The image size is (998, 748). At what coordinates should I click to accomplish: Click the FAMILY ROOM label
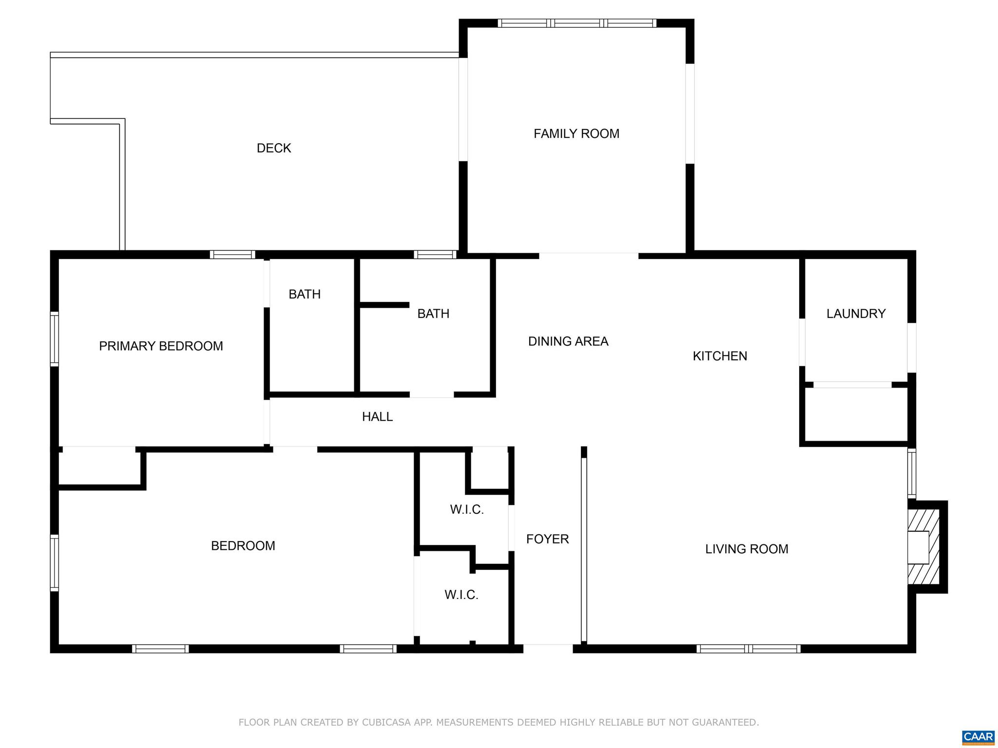coord(576,133)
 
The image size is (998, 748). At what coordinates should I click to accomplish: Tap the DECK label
coord(274,148)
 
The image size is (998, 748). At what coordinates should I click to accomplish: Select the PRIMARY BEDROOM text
coord(161,346)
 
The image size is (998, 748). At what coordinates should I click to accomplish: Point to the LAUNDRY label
coord(856,314)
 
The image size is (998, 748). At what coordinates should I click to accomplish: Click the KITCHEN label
coord(720,356)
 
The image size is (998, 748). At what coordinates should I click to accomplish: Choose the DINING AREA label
coord(568,341)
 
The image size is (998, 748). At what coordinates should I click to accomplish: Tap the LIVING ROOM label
coord(747,549)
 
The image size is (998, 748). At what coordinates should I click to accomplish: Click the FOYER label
coord(547,539)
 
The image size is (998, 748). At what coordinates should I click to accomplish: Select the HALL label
coord(377,416)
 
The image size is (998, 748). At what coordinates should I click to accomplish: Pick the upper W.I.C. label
coord(467,509)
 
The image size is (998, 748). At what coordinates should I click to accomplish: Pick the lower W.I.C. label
coord(461,595)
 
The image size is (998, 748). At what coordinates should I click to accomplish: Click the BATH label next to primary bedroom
coord(305,294)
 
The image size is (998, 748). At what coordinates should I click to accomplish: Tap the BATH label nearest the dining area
coord(433,314)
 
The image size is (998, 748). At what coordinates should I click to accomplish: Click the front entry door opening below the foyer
coord(548,648)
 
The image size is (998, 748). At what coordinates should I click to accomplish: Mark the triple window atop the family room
coord(577,23)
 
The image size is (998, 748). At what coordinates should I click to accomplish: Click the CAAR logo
coord(978,737)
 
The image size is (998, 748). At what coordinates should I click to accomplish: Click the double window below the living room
coord(748,648)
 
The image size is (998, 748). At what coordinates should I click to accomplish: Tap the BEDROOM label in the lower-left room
coord(243,545)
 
